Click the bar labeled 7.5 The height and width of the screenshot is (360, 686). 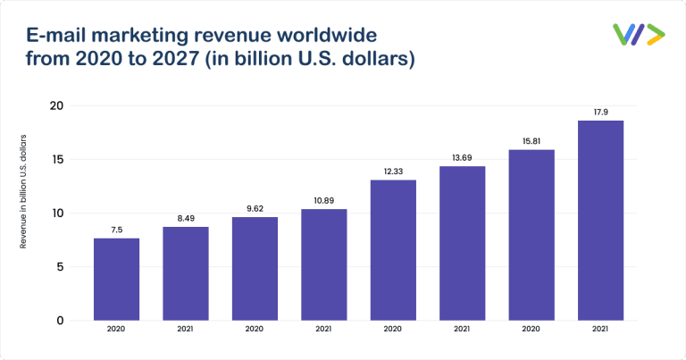point(116,279)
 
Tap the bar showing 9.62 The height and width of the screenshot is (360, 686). point(255,268)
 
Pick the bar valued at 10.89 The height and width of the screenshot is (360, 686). point(323,264)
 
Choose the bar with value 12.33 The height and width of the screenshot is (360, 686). point(393,250)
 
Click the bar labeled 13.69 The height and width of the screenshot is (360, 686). point(462,243)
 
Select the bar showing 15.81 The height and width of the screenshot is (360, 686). point(531,235)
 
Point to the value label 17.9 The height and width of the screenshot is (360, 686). point(600,112)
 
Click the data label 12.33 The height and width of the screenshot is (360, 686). point(393,171)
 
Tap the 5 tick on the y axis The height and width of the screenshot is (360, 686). point(58,267)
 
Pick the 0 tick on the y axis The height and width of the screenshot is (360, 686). point(58,320)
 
